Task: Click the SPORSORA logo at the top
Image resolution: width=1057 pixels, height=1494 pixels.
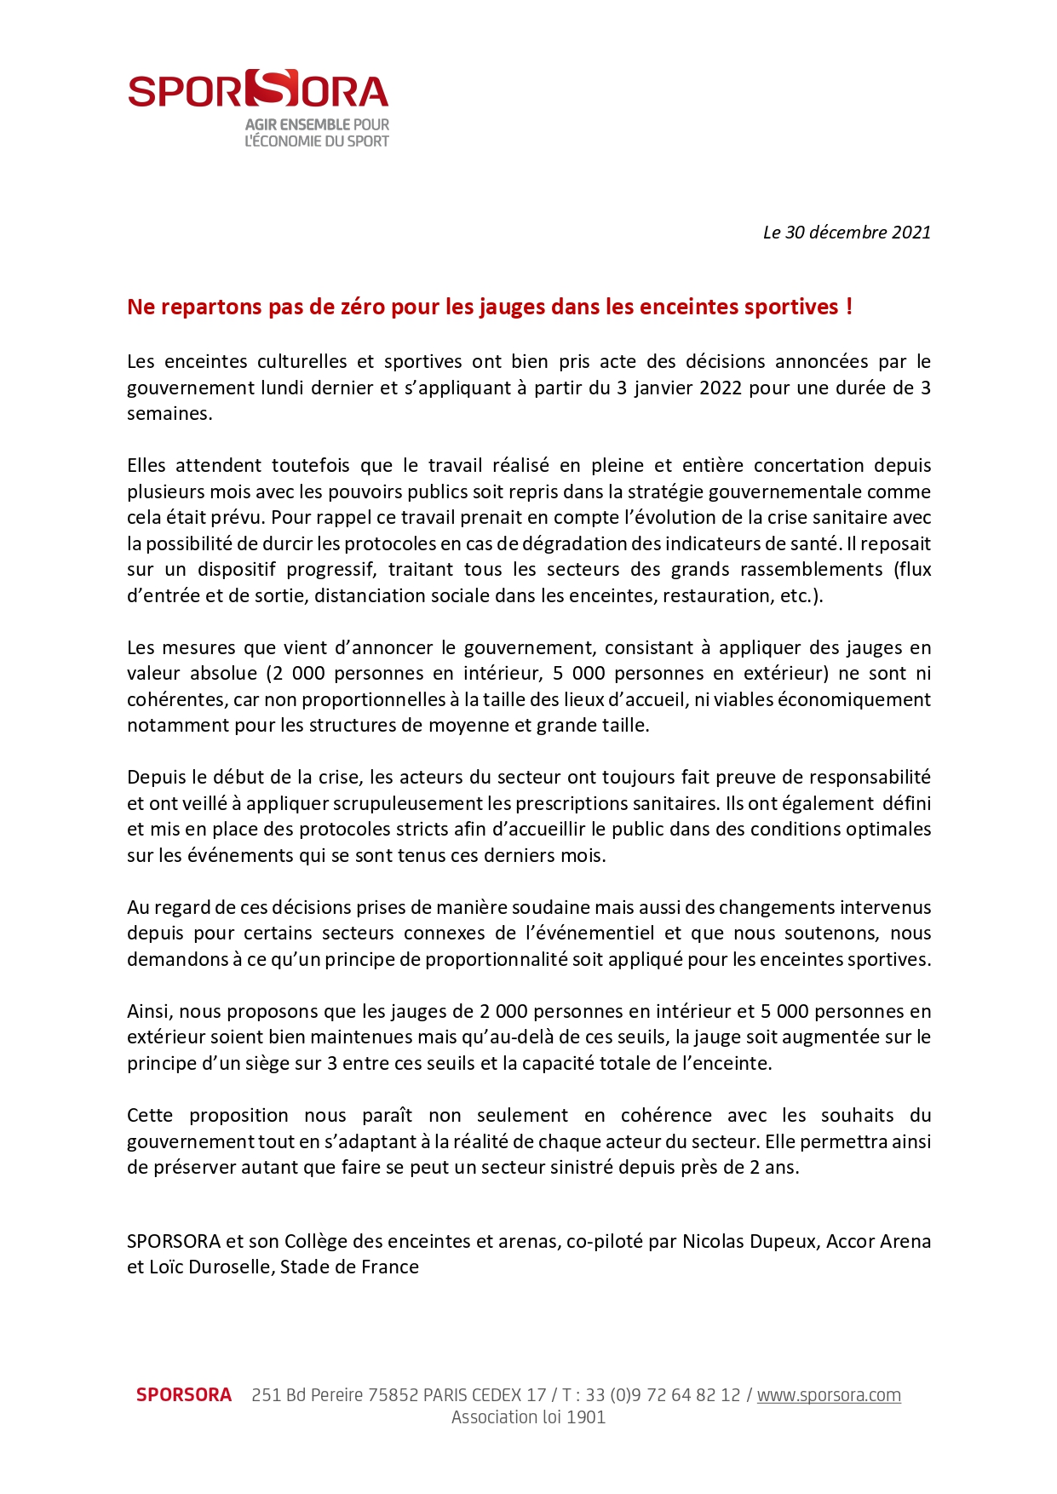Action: pos(258,89)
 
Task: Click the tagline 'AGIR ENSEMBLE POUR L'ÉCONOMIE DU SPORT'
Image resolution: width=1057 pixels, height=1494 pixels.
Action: pos(317,133)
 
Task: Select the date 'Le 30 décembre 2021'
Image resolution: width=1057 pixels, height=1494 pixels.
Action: pos(847,233)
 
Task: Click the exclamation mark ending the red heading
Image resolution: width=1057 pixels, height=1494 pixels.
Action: pos(849,307)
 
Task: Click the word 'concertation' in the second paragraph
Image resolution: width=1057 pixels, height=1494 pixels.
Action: pos(809,466)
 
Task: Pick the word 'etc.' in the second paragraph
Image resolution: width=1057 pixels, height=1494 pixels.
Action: pos(799,596)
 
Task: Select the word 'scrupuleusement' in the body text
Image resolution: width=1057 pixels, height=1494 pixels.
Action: pos(409,804)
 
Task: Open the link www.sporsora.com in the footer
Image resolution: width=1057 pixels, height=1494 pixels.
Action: pos(829,1395)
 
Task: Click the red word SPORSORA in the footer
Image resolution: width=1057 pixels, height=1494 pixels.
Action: pos(184,1395)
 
